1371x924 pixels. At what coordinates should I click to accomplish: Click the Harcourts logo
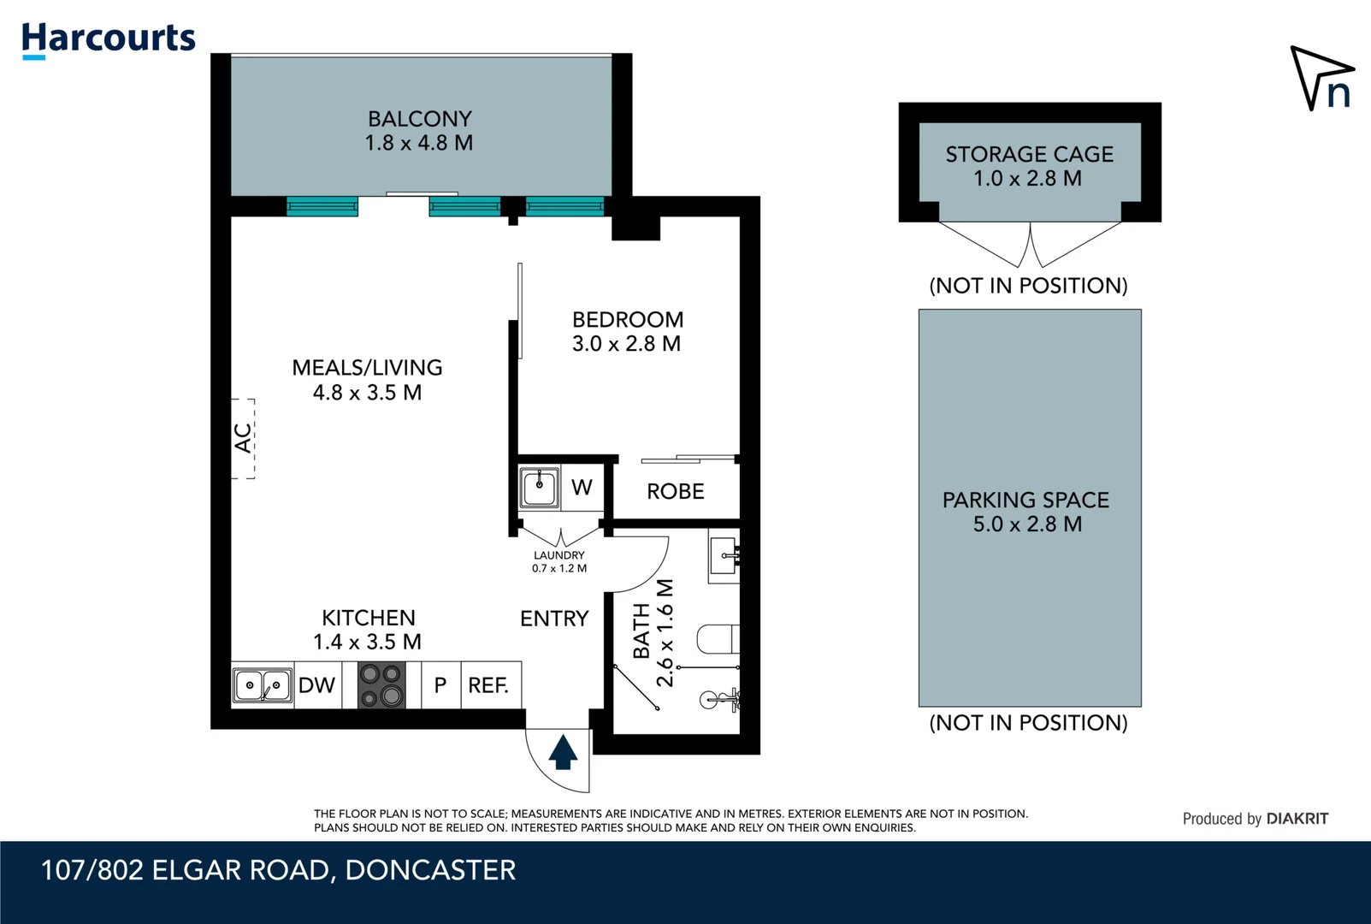click(109, 39)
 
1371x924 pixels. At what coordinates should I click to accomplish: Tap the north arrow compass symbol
click(1321, 78)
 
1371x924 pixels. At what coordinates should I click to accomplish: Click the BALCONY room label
click(419, 119)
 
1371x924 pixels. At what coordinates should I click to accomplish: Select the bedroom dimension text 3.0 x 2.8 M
click(626, 344)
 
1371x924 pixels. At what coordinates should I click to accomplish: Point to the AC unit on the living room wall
click(244, 438)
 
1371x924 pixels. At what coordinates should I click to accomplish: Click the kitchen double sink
click(263, 685)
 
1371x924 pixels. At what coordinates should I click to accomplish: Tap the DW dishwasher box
click(317, 685)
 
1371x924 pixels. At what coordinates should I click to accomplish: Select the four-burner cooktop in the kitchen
click(381, 685)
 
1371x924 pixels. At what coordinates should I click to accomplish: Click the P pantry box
click(440, 685)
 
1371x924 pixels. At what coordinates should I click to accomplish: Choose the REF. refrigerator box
click(489, 685)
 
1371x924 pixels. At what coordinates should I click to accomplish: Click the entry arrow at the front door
click(563, 752)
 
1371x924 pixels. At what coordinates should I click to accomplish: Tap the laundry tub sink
click(540, 488)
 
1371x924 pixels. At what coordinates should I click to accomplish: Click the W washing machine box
click(582, 488)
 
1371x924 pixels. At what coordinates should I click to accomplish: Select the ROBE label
click(676, 492)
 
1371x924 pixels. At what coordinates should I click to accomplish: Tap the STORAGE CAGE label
click(1029, 155)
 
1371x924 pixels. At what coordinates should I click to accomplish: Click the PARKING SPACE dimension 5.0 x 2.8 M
click(1027, 524)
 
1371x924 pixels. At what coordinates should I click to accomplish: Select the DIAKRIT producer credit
click(1297, 819)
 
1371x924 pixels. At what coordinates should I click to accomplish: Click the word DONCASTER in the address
click(430, 870)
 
